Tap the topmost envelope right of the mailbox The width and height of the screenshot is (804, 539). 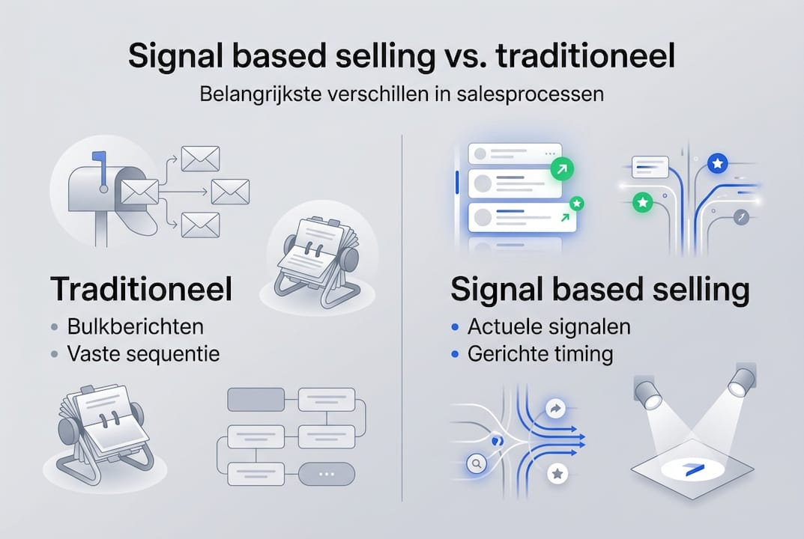(x=200, y=159)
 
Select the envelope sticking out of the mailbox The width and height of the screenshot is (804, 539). (x=140, y=192)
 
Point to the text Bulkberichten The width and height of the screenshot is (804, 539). (x=135, y=327)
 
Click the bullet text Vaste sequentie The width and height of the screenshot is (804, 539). (x=144, y=353)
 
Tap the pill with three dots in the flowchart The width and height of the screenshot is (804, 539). (x=326, y=474)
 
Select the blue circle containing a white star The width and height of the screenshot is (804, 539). (x=717, y=163)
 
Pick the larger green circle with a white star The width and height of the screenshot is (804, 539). (x=641, y=201)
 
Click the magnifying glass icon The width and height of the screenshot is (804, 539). (x=475, y=465)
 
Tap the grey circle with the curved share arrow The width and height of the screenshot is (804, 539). (x=556, y=409)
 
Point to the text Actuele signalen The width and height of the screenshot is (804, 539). (x=548, y=327)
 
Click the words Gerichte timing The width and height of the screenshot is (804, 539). (x=539, y=353)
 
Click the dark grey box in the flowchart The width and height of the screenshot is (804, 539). (x=256, y=400)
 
